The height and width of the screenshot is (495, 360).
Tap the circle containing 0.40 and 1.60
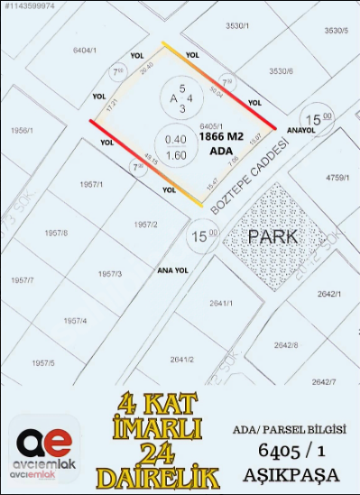point(176,147)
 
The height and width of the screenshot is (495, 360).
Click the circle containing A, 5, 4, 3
point(176,98)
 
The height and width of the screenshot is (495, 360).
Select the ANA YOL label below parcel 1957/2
point(171,269)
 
